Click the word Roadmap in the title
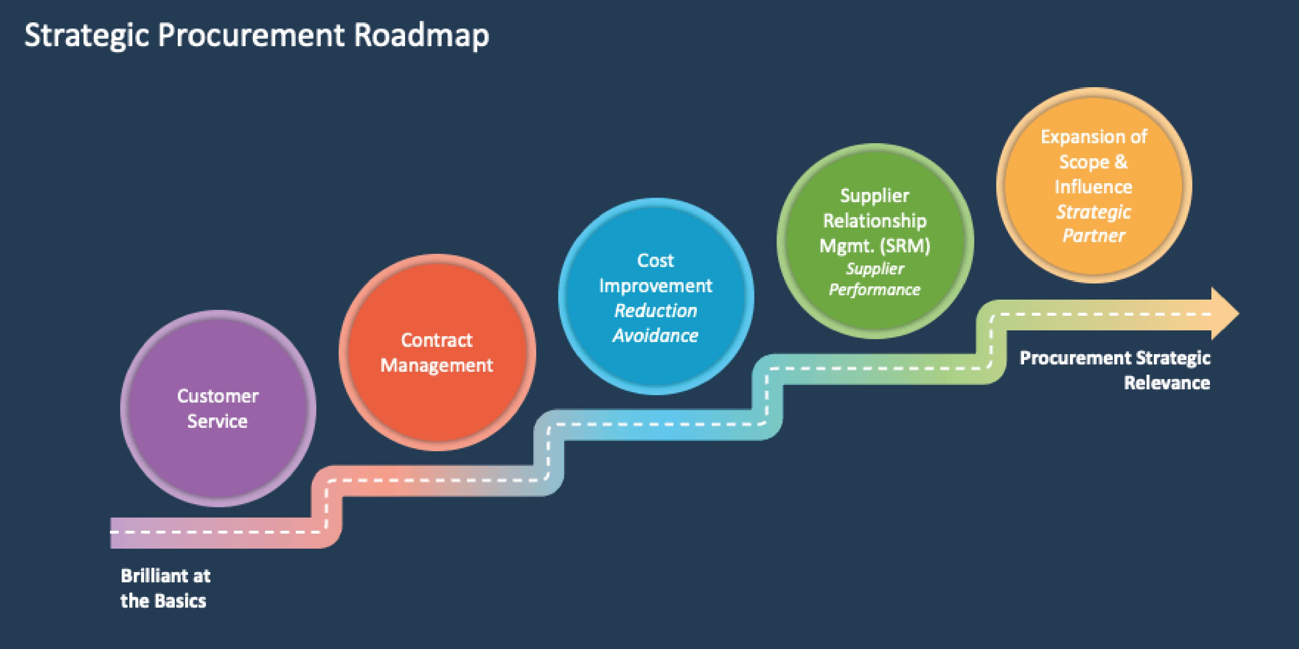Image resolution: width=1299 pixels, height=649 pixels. [x=421, y=35]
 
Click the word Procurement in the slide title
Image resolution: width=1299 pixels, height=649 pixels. [x=251, y=35]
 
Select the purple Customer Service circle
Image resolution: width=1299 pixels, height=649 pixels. [x=218, y=453]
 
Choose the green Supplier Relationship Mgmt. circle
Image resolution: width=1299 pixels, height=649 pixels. [x=875, y=312]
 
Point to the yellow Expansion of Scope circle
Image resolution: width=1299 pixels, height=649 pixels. [x=1094, y=257]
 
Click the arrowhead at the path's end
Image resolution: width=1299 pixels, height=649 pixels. [x=1224, y=314]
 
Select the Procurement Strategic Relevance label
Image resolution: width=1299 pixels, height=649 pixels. [x=1114, y=370]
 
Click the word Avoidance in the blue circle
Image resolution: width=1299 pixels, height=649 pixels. [x=655, y=335]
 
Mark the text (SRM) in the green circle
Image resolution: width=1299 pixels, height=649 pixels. [x=905, y=246]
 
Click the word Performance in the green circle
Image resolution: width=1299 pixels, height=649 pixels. [x=875, y=290]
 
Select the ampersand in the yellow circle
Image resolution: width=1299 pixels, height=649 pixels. [x=1120, y=162]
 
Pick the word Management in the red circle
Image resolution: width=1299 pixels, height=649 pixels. [x=437, y=365]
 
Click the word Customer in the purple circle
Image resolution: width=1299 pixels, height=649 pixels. [x=218, y=396]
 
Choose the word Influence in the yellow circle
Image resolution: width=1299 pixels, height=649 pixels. [x=1093, y=187]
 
